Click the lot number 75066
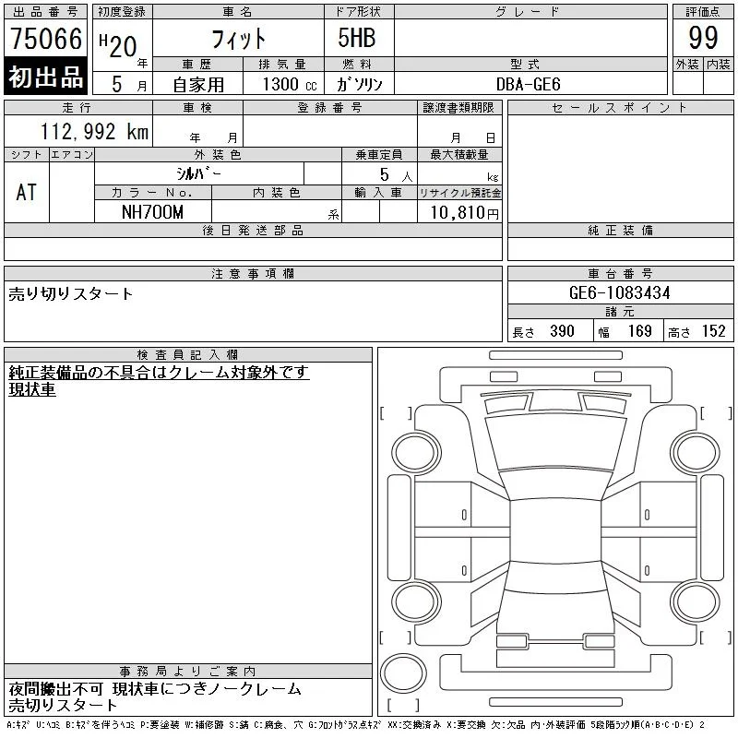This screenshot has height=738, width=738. point(46,39)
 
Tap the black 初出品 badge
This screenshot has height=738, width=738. point(45,76)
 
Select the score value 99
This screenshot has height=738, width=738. point(703,38)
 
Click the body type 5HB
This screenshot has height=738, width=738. point(357,38)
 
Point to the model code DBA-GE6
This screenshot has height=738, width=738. point(528,84)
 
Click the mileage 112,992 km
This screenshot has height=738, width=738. point(94,132)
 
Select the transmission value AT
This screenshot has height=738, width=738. point(27,192)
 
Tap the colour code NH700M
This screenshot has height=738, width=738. point(152,212)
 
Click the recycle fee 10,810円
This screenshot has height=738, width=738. point(465,213)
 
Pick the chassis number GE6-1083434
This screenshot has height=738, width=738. point(619,292)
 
